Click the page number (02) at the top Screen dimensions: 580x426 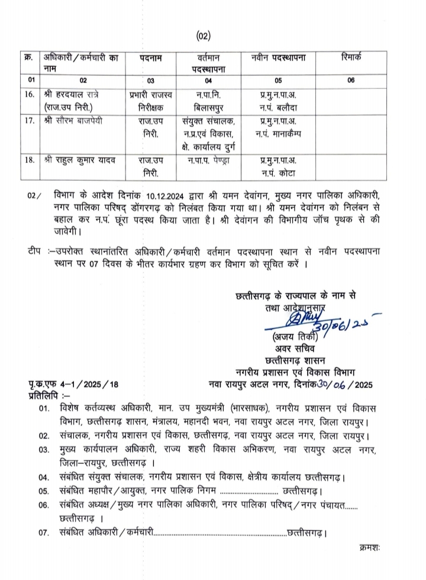point(203,37)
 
